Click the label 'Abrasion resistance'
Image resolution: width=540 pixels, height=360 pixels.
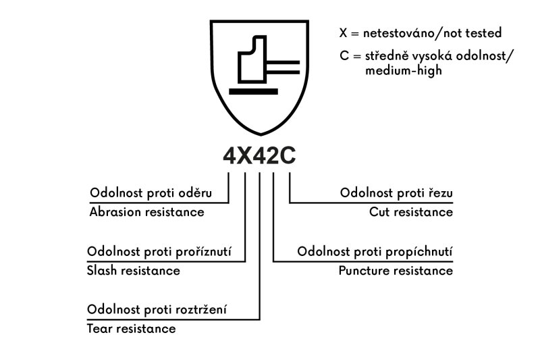coord(146,212)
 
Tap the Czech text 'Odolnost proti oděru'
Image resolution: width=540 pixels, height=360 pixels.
coord(151,193)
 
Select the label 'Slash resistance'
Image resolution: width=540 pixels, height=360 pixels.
coord(134,271)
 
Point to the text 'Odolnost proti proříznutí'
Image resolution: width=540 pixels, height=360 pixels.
coord(159,252)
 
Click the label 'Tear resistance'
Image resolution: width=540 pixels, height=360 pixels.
coord(131,329)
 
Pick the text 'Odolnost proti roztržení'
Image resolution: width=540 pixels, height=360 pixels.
coord(157,310)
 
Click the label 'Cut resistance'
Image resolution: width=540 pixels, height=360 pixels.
coord(410,212)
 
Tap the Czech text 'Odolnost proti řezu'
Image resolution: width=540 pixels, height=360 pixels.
coord(396,193)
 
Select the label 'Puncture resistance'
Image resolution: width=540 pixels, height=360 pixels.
coord(396,271)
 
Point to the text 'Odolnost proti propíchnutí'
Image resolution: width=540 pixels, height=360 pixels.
coord(375,252)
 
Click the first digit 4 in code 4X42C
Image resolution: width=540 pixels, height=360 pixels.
coord(230,156)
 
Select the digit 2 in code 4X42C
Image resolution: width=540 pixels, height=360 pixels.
coord(273,156)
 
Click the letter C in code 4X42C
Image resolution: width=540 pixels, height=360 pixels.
coord(288,156)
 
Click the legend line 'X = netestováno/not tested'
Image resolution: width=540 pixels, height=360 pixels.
coord(421,32)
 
